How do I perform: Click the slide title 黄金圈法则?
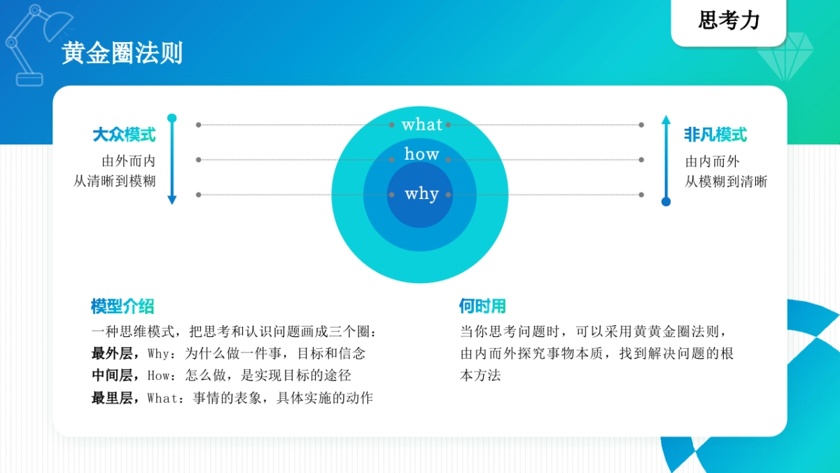122,53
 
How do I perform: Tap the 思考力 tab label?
729,21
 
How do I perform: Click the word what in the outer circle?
421,125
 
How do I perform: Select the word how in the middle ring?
421,154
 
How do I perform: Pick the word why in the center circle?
421,194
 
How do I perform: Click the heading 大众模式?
124,135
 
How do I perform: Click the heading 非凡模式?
715,135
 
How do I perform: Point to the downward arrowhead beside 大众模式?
172,200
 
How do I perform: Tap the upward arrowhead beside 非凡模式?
666,119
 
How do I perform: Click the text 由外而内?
129,160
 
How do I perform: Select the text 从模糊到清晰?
726,181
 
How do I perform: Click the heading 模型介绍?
122,306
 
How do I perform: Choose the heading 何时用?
482,306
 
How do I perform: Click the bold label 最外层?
112,352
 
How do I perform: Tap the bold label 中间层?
112,375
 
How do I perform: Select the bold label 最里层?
112,398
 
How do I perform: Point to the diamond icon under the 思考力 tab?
786,57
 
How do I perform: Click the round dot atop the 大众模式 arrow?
172,118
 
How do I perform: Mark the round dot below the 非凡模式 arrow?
666,202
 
